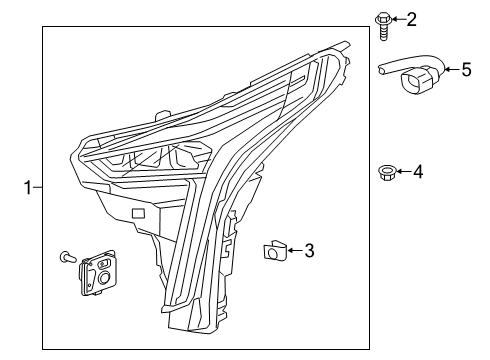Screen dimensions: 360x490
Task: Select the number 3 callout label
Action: [310, 250]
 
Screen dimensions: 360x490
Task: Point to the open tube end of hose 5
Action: [381, 69]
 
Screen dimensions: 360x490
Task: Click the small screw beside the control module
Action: [68, 258]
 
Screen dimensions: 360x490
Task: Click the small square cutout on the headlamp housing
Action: [138, 213]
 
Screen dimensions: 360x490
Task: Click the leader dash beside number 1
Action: [37, 186]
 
